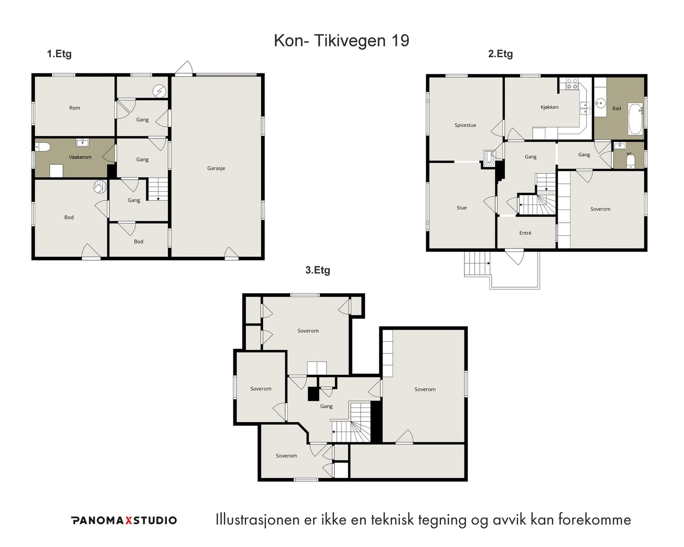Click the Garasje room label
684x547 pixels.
tap(216, 168)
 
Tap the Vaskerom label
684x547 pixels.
tap(80, 157)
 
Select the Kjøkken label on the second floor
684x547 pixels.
tap(550, 107)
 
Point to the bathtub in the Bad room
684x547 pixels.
tap(636, 118)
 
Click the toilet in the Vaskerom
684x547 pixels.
tap(43, 147)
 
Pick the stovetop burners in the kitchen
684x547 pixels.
tap(572, 84)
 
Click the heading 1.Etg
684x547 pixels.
tap(59, 54)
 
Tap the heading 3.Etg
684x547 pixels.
tap(318, 270)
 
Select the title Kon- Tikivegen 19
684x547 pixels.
tap(342, 41)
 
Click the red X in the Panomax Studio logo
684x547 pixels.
tap(129, 521)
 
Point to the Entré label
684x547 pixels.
tap(525, 233)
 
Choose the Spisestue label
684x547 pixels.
tap(465, 125)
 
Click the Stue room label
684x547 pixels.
tap(462, 208)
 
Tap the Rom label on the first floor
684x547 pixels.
tap(75, 108)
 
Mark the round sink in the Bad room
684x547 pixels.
tap(600, 103)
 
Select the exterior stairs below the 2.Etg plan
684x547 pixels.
tap(477, 264)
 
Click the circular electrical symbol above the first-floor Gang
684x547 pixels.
tap(159, 91)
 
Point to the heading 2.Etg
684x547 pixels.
tap(501, 54)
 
